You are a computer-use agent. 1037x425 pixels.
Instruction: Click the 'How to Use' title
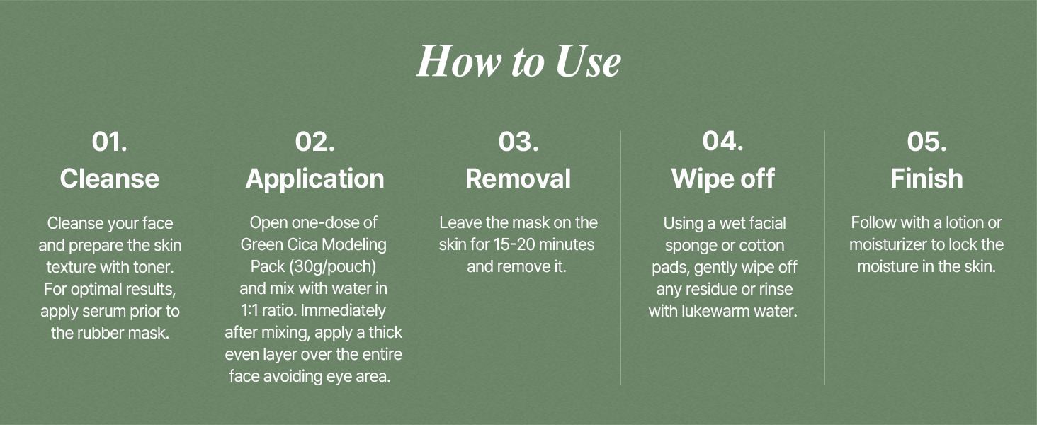(518, 62)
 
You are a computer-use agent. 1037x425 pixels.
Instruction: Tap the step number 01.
(109, 141)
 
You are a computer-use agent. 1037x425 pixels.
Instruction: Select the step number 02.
(314, 141)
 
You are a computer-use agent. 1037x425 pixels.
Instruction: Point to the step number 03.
(518, 141)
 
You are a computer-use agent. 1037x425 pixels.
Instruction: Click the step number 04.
(722, 141)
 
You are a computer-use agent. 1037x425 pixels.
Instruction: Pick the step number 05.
(926, 141)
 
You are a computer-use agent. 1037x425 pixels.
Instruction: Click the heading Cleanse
(109, 178)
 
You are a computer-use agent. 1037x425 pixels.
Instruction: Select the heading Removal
(518, 178)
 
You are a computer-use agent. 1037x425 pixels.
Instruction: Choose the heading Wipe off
(722, 178)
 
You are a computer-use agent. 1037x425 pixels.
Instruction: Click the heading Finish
(926, 178)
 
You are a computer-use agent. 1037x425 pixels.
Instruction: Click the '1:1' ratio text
(249, 310)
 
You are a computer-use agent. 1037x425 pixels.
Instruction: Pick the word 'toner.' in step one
(153, 267)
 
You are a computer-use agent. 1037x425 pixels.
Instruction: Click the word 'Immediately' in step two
(343, 311)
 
